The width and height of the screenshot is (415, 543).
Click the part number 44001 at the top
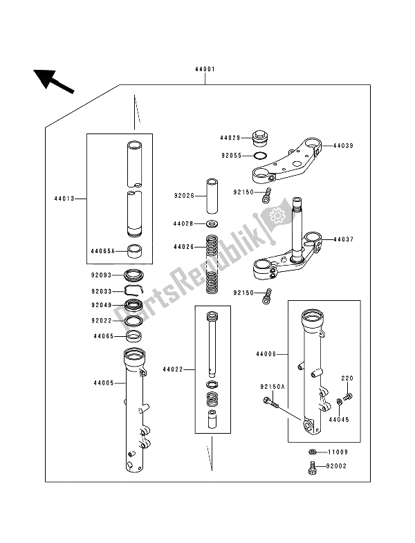[x=206, y=70]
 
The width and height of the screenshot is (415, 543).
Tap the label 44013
[x=64, y=199]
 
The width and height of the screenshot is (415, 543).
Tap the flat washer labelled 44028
[x=211, y=225]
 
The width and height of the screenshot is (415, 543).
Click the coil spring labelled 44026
[x=211, y=266]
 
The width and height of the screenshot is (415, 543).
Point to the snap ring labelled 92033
[x=133, y=291]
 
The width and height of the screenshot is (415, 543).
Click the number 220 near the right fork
[x=347, y=379]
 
